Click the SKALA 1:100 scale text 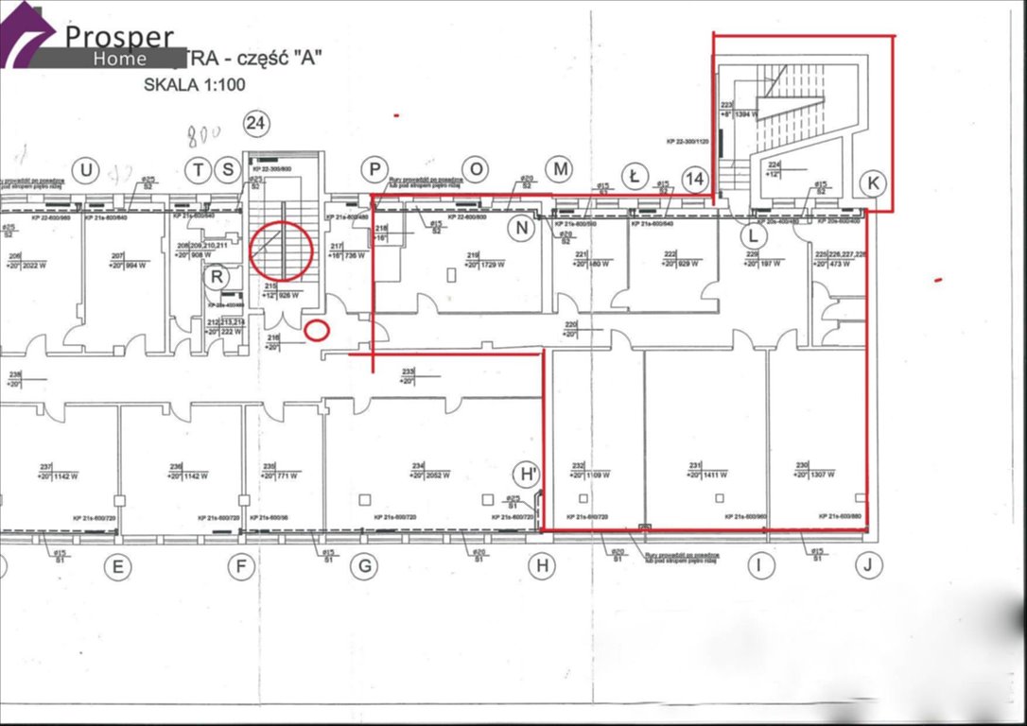[194, 83]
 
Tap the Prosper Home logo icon [27, 36]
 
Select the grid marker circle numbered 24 [254, 122]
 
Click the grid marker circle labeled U [86, 170]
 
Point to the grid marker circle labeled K [872, 183]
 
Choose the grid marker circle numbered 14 [695, 180]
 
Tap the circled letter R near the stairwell [218, 277]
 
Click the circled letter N [520, 227]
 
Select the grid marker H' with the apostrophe [525, 475]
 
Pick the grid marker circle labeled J [867, 566]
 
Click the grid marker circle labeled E [118, 567]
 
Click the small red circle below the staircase [319, 330]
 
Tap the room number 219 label [473, 254]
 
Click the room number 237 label [44, 466]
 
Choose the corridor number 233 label [409, 371]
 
